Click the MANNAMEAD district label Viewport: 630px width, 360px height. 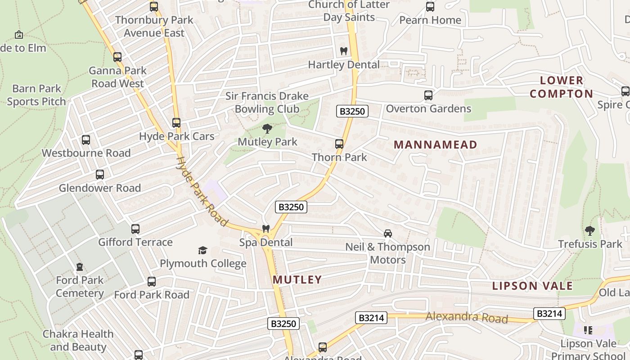coord(435,144)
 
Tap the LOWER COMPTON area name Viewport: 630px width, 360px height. coord(561,87)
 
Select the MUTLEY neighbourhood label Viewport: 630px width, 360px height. coord(297,279)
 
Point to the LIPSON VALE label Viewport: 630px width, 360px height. coord(532,286)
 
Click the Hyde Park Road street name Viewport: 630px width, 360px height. coord(201,190)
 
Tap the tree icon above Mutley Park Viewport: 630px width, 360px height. coord(267,129)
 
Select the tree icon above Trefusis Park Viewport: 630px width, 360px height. coord(590,231)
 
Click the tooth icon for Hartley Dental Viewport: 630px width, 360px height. coord(344,51)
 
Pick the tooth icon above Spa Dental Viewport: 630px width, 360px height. coord(266,229)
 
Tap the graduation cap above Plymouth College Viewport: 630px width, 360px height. coord(203,250)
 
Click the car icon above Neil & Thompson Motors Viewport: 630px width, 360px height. coord(387,234)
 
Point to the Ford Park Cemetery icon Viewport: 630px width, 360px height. coord(80,267)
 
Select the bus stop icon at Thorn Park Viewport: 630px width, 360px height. coord(339,144)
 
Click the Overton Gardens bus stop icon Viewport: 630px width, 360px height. coord(428,95)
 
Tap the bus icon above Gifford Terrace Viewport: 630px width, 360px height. coord(135,229)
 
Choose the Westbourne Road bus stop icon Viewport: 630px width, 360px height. coord(86,140)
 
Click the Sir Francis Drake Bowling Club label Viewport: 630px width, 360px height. coord(267,102)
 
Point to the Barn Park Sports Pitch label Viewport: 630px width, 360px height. coord(36,95)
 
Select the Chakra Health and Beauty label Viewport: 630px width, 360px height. coord(78,340)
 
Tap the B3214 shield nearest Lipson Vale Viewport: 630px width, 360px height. coord(549,313)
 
